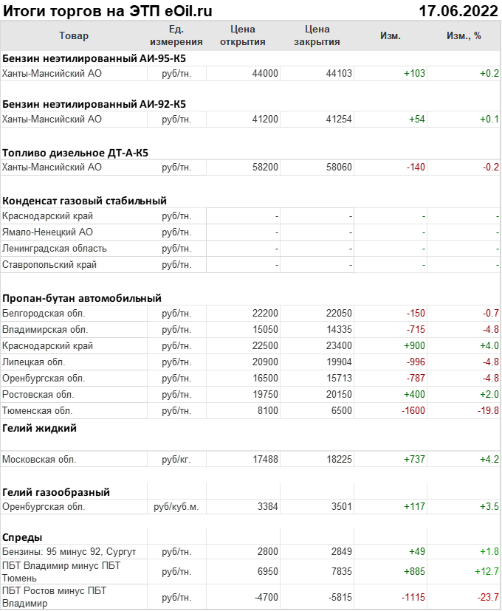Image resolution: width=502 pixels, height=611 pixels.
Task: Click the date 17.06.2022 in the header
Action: point(458,11)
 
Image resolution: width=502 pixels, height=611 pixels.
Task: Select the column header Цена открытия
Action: point(242,35)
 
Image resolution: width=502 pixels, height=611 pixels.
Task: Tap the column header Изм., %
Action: point(464,35)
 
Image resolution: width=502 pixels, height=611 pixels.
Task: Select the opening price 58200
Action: point(265,168)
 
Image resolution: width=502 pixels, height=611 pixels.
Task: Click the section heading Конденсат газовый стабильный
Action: point(84,201)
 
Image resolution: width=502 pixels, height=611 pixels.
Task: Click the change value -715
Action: point(416,330)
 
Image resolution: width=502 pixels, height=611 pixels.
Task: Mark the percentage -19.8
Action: point(487,411)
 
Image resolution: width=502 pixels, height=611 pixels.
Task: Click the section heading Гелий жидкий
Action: point(39,428)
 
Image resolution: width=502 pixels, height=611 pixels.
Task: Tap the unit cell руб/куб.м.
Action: point(176,507)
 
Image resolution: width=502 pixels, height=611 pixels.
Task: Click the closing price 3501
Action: point(341,507)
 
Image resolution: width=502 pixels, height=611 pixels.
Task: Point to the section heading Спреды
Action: point(22,537)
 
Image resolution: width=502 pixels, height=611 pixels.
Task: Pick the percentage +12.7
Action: point(485,571)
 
